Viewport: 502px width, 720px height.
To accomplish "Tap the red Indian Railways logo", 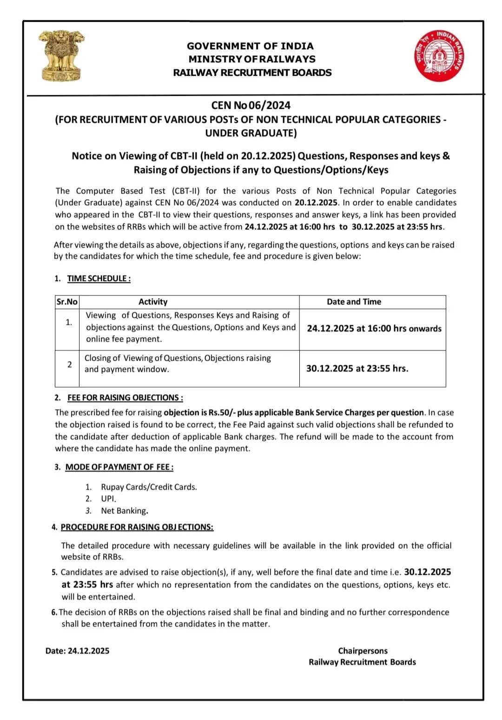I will [x=439, y=56].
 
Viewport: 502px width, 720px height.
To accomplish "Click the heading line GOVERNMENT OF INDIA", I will [x=250, y=46].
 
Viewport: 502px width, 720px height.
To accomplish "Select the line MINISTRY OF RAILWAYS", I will [x=251, y=59].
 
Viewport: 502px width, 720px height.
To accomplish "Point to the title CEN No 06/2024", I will [x=251, y=106].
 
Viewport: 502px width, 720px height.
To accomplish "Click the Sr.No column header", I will [x=67, y=302].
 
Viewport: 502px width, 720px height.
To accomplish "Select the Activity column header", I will [x=153, y=302].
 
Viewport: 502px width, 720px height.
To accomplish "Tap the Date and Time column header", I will [x=354, y=302].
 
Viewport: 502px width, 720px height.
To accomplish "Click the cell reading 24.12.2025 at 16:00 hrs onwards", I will [x=374, y=329].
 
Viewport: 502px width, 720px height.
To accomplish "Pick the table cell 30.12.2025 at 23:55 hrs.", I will [x=357, y=369].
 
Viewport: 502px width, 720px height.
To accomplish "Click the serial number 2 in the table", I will [x=70, y=364].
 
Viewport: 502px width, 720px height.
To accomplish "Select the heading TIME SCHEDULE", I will [x=99, y=278].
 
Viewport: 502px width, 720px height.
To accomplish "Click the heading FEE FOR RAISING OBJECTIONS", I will [x=125, y=397].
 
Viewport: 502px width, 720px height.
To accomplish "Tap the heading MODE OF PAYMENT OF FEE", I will [x=119, y=467].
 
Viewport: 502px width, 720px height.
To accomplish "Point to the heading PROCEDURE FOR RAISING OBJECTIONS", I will [x=137, y=527].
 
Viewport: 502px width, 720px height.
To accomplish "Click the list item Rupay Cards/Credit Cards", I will [x=149, y=487].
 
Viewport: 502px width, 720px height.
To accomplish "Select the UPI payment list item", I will [x=108, y=498].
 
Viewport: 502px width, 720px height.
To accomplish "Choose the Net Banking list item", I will [x=124, y=511].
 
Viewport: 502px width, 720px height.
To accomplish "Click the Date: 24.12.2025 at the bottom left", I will [x=78, y=651].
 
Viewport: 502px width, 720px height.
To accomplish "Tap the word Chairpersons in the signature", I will [x=363, y=651].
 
